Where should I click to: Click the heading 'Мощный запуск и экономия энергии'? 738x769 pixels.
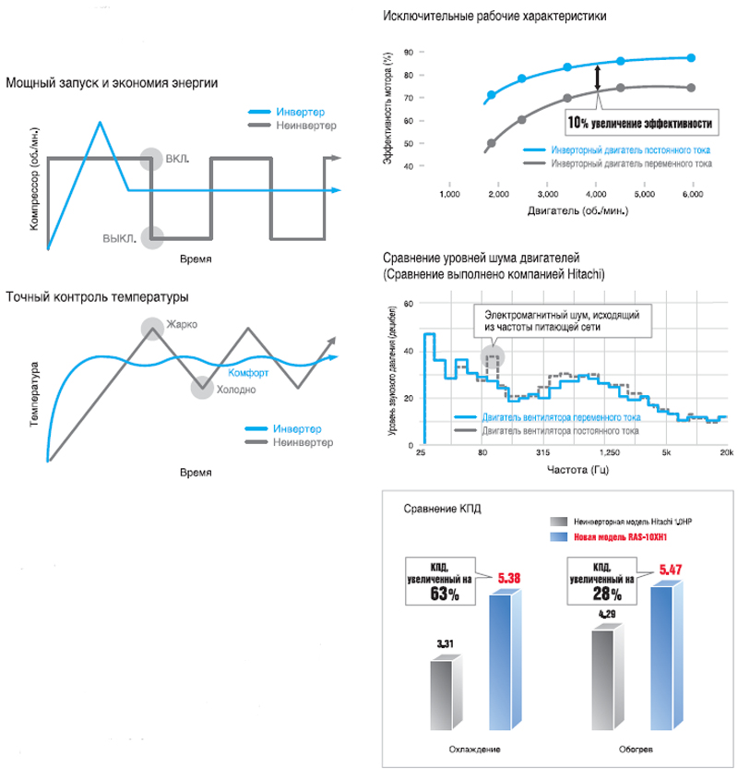pyautogui.click(x=112, y=84)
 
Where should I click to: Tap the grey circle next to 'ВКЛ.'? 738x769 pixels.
pyautogui.click(x=152, y=159)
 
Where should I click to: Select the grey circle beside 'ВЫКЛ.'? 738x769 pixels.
pyautogui.click(x=152, y=237)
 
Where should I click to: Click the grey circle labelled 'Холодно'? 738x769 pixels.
pyautogui.click(x=202, y=388)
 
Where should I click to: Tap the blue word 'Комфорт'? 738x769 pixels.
pyautogui.click(x=248, y=373)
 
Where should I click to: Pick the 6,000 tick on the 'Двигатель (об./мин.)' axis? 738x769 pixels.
pyautogui.click(x=693, y=196)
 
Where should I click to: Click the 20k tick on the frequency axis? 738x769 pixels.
pyautogui.click(x=725, y=453)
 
